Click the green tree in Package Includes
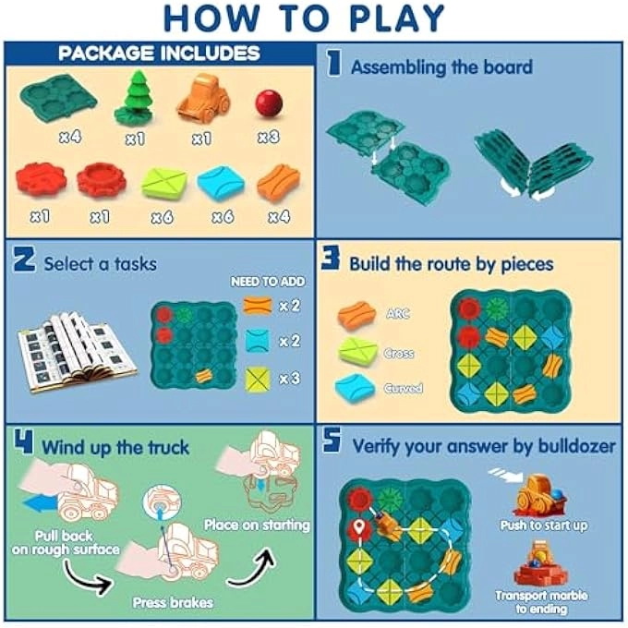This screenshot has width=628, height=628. click(134, 99)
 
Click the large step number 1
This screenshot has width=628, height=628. click(333, 65)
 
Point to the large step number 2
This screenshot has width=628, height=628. click(24, 262)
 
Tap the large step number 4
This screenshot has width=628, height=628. click(24, 445)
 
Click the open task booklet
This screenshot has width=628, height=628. click(76, 350)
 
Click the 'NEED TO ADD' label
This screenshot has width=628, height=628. click(268, 282)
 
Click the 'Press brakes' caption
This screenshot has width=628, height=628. click(173, 603)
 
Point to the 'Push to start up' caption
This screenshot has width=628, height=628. click(555, 525)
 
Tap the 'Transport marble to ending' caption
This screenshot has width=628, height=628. click(553, 602)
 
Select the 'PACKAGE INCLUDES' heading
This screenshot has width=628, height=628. click(159, 53)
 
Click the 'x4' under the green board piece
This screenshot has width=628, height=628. click(70, 137)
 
